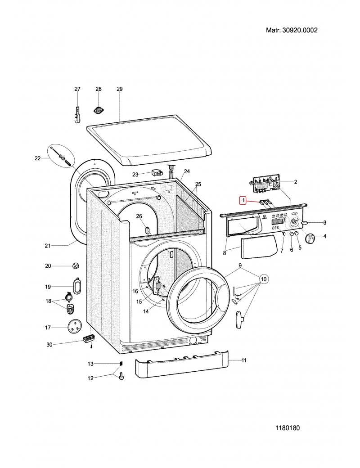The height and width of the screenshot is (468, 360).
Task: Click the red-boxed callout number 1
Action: coord(243,200)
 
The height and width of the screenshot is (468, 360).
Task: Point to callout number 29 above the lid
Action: coord(120,89)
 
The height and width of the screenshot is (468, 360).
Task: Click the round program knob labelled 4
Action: coord(310,238)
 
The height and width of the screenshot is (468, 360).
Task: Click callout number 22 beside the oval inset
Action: coord(38,158)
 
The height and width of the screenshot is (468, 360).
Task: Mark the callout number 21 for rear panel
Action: coord(48,246)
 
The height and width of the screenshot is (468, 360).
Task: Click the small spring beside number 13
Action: coord(121,364)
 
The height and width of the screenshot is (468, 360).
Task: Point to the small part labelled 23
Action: coord(157,172)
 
